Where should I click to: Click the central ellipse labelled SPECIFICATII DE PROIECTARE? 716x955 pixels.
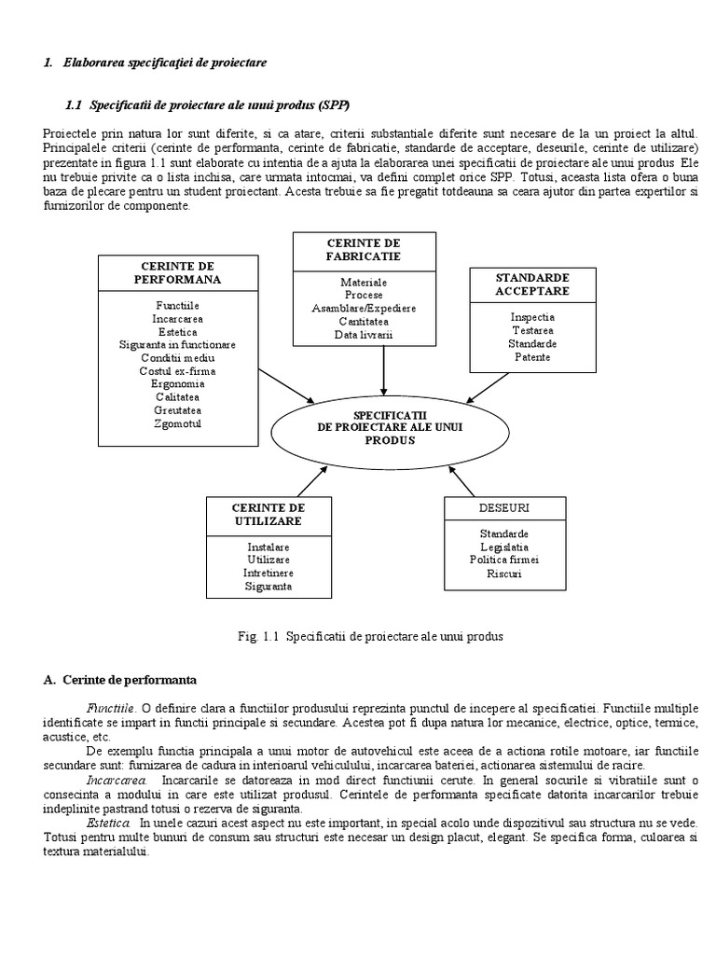(389, 426)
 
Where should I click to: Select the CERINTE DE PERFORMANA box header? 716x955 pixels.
(177, 272)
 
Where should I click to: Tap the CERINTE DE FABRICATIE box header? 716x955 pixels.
(364, 249)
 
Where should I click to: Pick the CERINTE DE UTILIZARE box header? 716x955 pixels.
(268, 514)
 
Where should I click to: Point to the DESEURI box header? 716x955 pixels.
(504, 508)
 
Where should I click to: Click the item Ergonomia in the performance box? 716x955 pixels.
(177, 383)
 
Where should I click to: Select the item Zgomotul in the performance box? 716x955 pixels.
(177, 423)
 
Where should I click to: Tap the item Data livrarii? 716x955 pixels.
(364, 334)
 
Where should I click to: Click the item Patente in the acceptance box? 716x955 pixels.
(532, 357)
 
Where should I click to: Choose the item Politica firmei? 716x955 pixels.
(504, 560)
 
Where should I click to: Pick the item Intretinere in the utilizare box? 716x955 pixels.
(268, 573)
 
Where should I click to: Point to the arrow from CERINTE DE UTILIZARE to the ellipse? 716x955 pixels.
(311, 480)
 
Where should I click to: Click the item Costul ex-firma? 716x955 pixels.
(177, 370)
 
